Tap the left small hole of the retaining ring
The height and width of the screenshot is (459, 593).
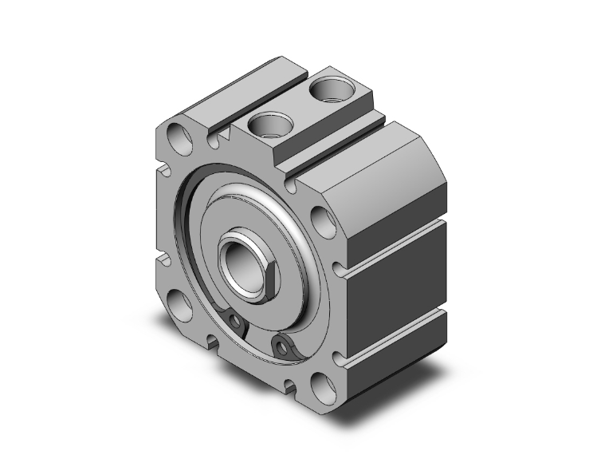236,321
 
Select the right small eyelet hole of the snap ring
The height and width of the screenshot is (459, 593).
280,345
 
